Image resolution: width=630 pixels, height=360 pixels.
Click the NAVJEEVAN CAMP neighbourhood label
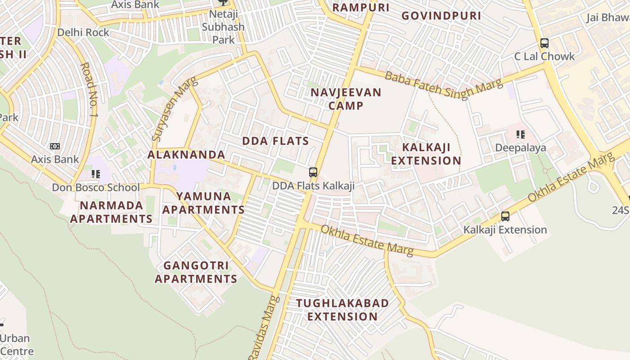click(x=346, y=99)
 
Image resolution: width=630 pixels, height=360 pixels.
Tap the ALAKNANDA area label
click(x=186, y=155)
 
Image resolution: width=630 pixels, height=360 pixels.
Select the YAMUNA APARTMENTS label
click(x=203, y=203)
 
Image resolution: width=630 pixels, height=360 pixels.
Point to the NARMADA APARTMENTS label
click(x=111, y=212)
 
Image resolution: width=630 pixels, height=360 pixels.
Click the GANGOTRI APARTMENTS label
click(x=196, y=272)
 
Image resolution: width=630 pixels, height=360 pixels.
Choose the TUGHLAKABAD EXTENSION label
click(x=343, y=310)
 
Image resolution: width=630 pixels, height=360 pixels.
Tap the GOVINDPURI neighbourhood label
click(x=441, y=16)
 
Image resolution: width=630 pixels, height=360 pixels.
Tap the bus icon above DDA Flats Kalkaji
click(x=313, y=172)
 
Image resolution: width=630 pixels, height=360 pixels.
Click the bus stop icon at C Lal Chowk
click(x=544, y=43)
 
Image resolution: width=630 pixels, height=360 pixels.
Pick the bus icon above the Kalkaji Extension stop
click(x=505, y=216)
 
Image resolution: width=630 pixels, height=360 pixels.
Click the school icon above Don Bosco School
click(x=95, y=174)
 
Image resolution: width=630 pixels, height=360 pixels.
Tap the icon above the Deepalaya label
click(x=521, y=134)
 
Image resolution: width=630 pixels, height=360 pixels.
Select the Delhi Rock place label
click(x=83, y=32)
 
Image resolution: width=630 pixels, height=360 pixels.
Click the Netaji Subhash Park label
click(x=223, y=27)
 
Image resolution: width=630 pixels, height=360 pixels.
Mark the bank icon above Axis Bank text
click(x=55, y=146)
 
